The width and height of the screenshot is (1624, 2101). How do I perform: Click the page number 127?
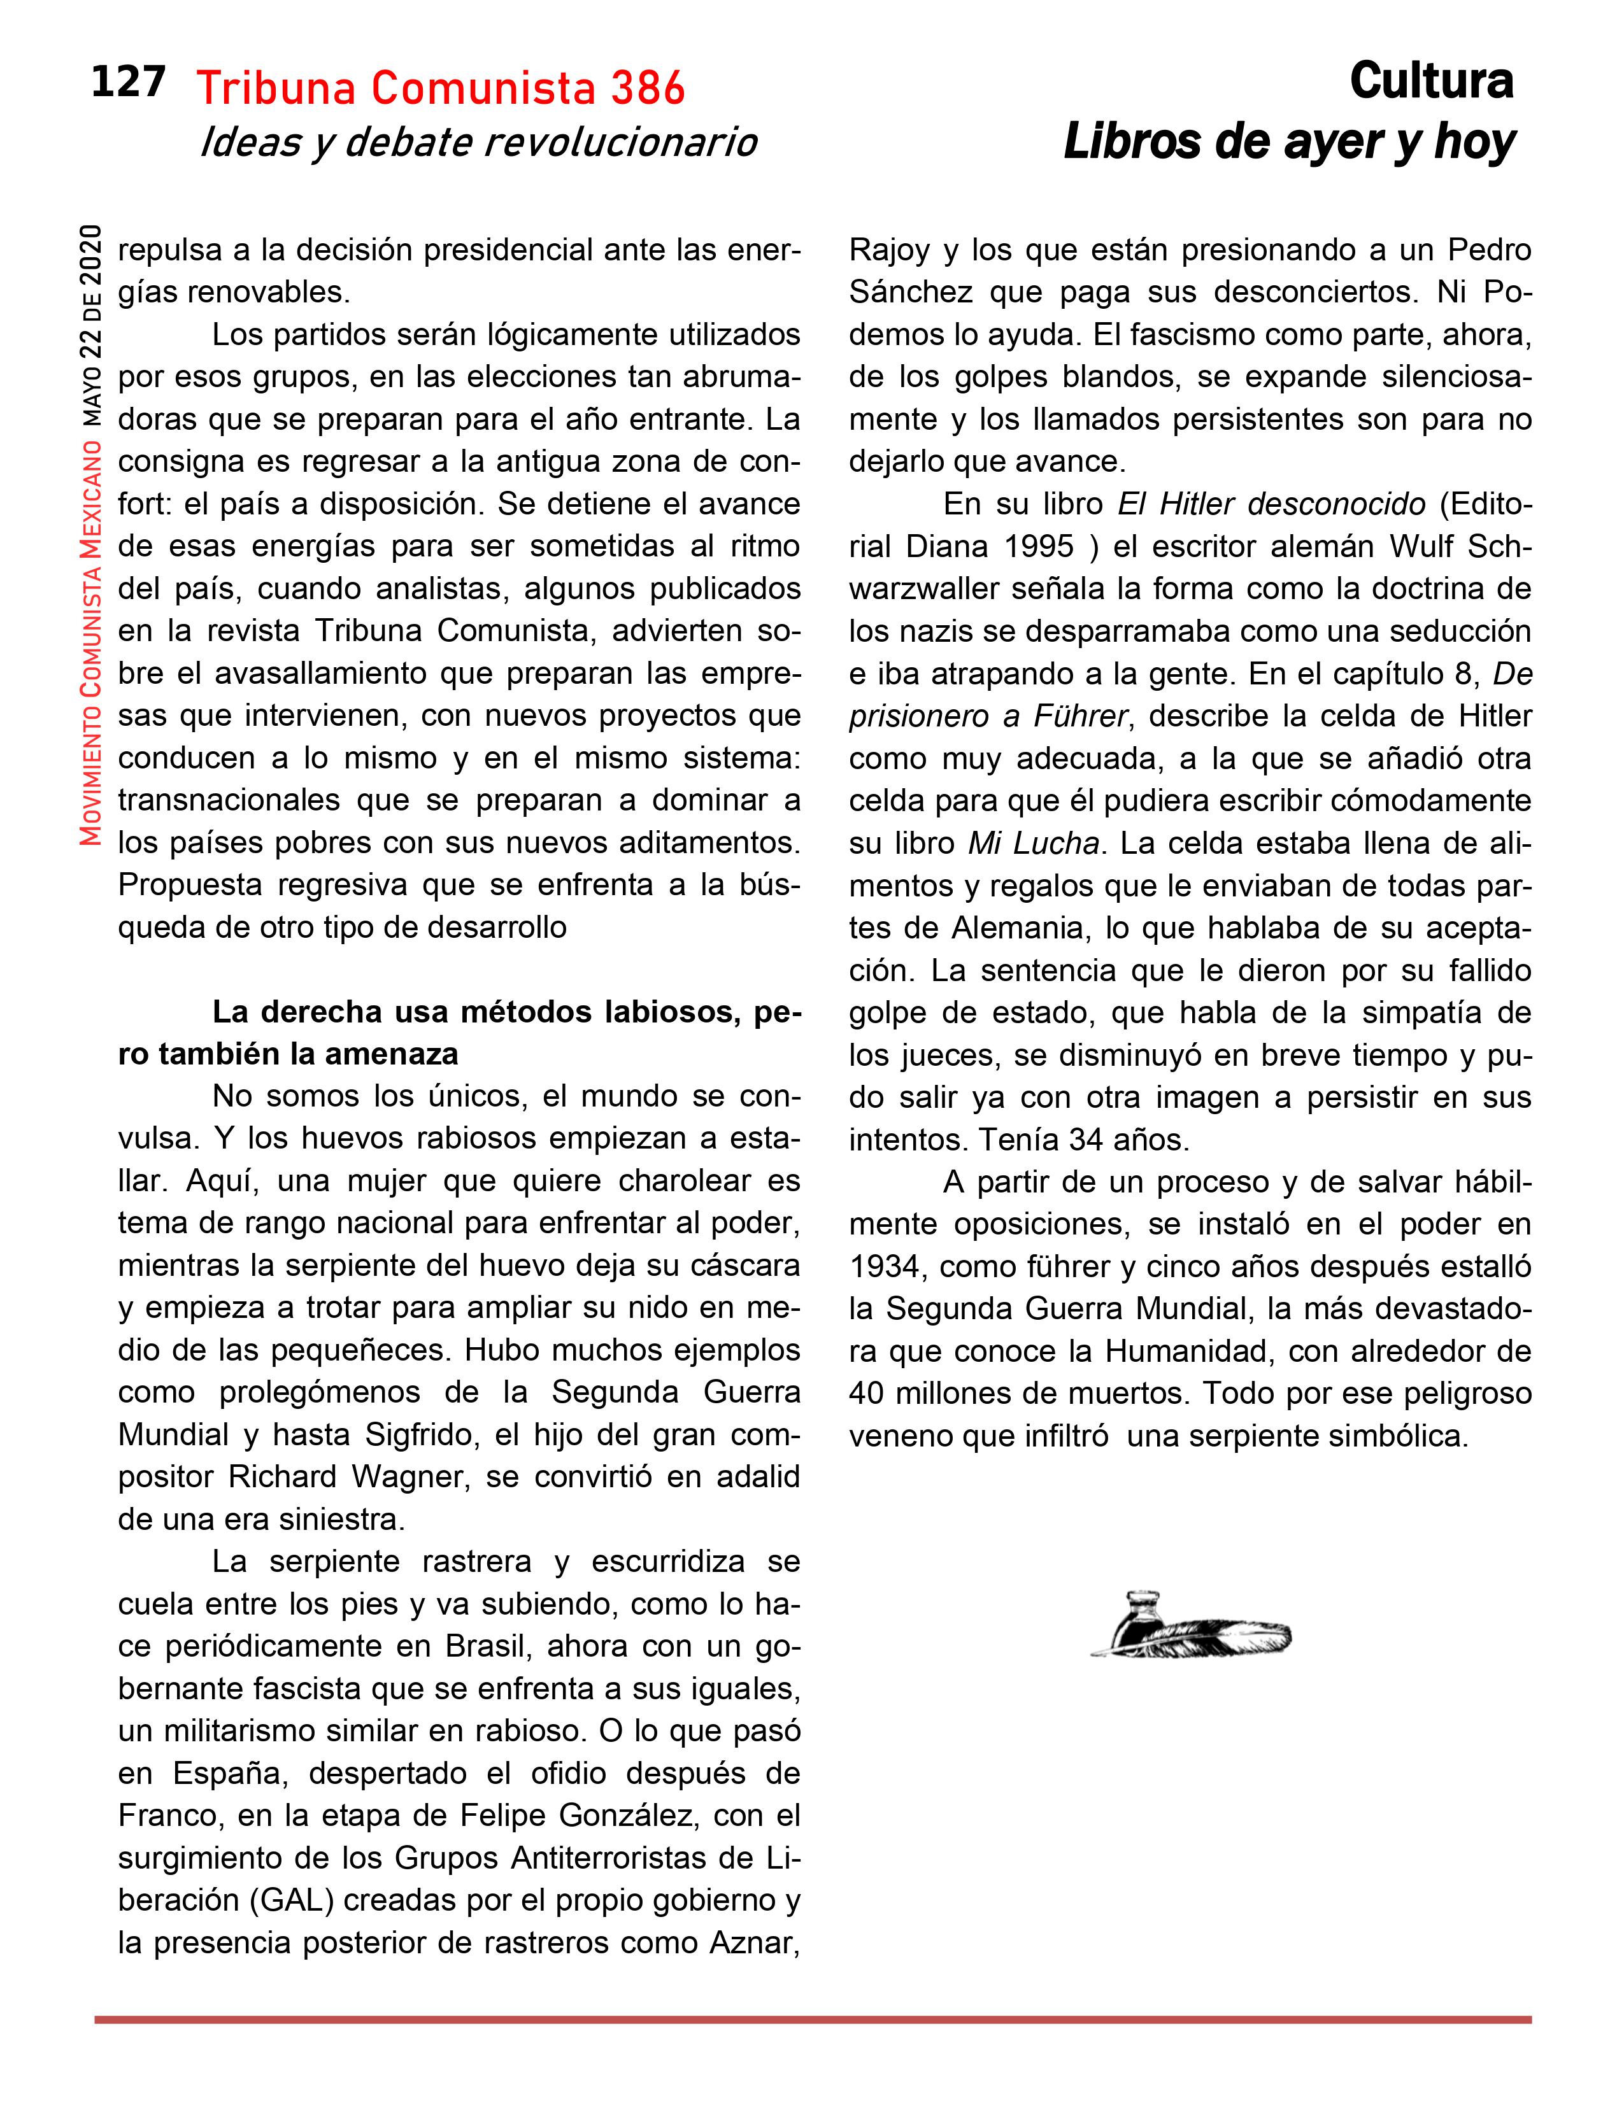coord(128,83)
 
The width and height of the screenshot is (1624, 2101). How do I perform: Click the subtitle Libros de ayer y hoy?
coord(1288,143)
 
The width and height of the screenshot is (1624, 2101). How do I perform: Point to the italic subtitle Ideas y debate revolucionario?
coord(478,143)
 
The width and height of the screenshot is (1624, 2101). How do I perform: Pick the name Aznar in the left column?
coord(753,1942)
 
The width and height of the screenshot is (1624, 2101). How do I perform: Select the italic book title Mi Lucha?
coord(1033,843)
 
